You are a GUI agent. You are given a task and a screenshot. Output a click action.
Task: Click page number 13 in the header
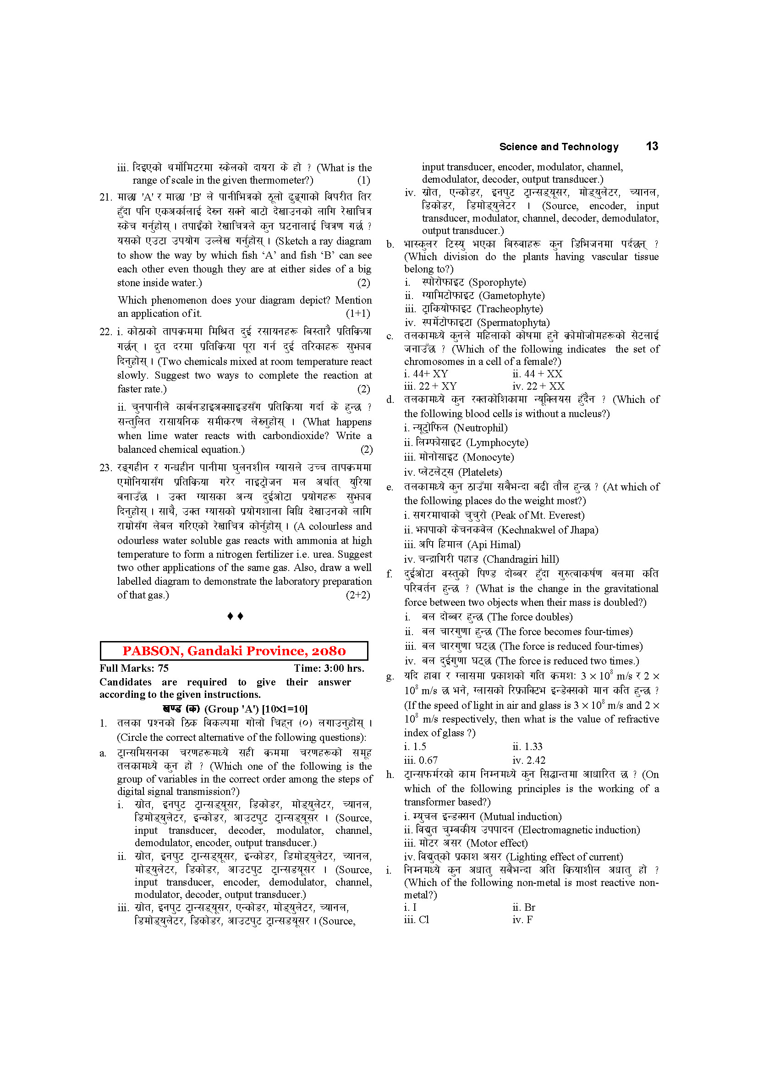[652, 147]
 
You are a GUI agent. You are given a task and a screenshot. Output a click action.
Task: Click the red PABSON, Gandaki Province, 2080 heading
[234, 651]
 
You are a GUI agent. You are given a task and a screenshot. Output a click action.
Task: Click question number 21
[105, 197]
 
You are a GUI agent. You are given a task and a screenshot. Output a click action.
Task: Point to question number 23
[105, 468]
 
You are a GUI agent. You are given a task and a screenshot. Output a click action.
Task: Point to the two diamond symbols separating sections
[235, 616]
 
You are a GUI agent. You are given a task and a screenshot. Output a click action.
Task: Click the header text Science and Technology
[559, 147]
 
